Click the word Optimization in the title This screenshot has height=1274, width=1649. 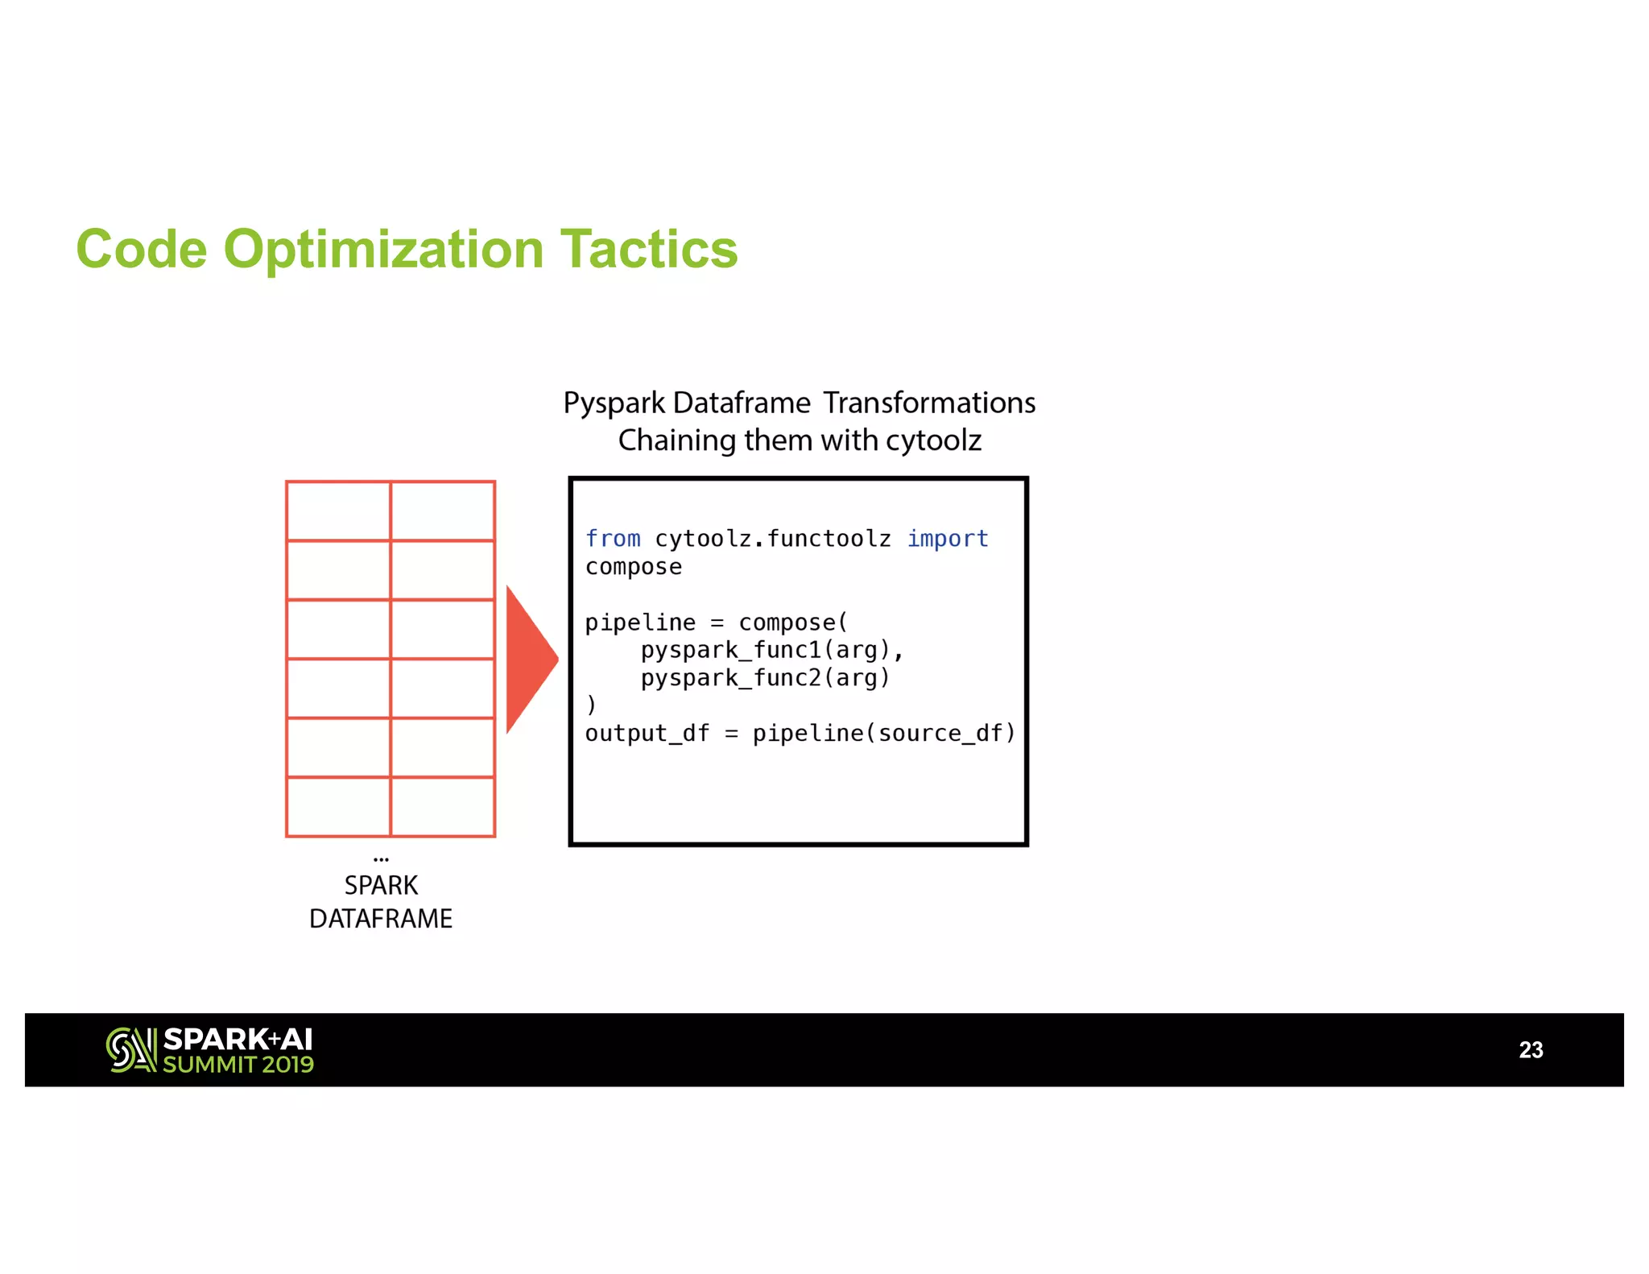click(x=383, y=249)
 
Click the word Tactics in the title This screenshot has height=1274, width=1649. click(x=648, y=249)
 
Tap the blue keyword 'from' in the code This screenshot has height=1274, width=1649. click(x=613, y=539)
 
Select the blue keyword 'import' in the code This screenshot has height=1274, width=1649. click(x=947, y=539)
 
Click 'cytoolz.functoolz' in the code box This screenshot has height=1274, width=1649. click(x=773, y=539)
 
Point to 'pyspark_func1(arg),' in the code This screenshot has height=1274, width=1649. click(x=771, y=650)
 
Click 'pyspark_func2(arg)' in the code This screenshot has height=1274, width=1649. click(x=765, y=678)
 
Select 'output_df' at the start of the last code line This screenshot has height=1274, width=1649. click(x=647, y=734)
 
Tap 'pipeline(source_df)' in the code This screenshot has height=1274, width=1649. click(x=883, y=734)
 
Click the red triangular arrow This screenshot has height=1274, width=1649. click(x=527, y=659)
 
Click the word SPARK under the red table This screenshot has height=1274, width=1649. click(x=381, y=886)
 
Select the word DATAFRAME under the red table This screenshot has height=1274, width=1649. click(x=381, y=919)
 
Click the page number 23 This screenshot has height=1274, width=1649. click(x=1530, y=1050)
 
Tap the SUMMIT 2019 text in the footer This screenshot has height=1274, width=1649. click(x=238, y=1065)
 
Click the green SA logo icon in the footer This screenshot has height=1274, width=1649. click(x=130, y=1050)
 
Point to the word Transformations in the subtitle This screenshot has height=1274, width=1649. click(x=929, y=403)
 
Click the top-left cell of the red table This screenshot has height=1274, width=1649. click(x=338, y=511)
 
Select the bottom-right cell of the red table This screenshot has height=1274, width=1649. click(x=443, y=807)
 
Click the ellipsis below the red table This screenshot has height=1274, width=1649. click(x=381, y=859)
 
